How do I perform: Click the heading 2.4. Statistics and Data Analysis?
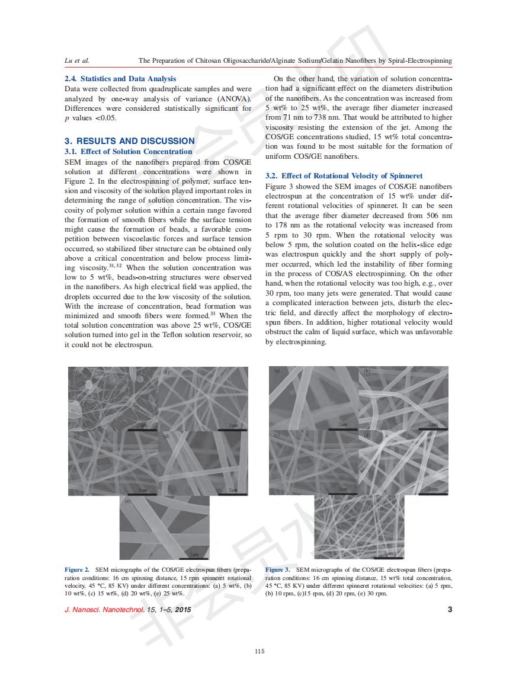click(x=120, y=78)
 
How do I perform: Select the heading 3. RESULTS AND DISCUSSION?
click(x=129, y=141)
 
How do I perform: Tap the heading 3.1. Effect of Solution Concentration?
click(x=128, y=152)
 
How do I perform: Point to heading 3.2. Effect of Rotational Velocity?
click(x=344, y=176)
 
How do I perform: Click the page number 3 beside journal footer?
click(x=450, y=609)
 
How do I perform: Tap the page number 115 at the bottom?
click(x=259, y=652)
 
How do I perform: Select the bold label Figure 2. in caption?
click(x=77, y=570)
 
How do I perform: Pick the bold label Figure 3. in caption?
click(x=278, y=570)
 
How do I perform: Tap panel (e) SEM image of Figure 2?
click(x=164, y=527)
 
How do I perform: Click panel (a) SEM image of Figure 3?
click(x=313, y=398)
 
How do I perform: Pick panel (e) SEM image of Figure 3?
click(x=359, y=527)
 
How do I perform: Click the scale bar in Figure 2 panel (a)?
click(x=142, y=431)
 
